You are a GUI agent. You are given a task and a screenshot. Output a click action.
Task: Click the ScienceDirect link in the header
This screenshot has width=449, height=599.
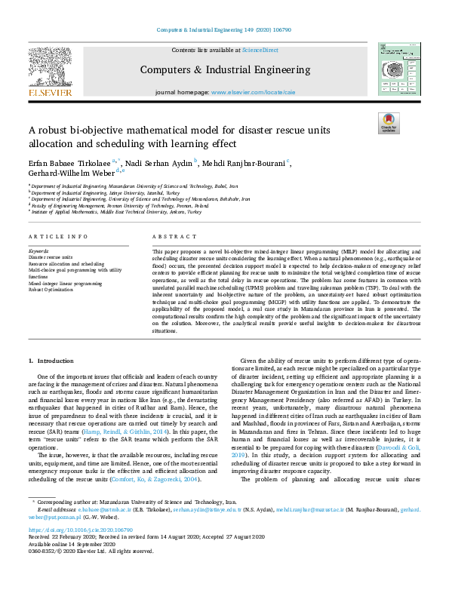point(261,49)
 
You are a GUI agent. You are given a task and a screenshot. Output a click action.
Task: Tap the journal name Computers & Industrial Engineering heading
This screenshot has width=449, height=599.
point(223,69)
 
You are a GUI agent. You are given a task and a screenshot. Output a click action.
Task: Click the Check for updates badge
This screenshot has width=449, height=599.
point(389,123)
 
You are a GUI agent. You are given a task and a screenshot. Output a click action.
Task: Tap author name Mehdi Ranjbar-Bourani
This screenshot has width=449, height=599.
point(244,162)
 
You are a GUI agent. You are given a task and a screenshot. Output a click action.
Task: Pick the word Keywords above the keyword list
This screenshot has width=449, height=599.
point(38,250)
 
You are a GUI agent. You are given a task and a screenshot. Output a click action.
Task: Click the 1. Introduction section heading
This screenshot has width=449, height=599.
point(51,362)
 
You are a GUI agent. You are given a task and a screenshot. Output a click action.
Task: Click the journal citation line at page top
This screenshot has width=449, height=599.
point(223,30)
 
